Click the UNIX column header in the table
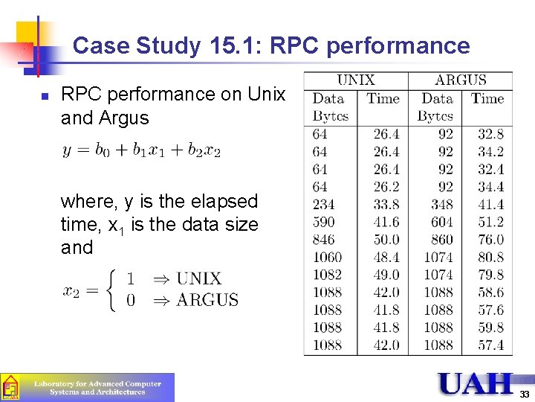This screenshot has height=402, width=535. point(356,80)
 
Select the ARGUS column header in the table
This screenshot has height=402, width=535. point(461,80)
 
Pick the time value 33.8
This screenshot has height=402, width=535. point(386,204)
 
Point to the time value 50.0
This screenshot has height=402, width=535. point(386,240)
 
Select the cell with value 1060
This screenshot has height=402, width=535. point(327,257)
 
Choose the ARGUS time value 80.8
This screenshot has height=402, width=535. point(490,257)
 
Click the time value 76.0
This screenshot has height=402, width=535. point(490,240)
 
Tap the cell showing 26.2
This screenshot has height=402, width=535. point(386,187)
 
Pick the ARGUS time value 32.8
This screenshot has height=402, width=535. point(490,134)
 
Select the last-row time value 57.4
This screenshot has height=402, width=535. point(490,345)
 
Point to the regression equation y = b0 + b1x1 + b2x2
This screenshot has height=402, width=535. point(141,150)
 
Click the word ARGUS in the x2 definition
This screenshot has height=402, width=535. point(207,300)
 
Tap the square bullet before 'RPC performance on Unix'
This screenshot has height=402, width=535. point(44,97)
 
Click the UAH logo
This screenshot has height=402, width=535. point(476,383)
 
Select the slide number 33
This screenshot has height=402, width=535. point(525,394)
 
